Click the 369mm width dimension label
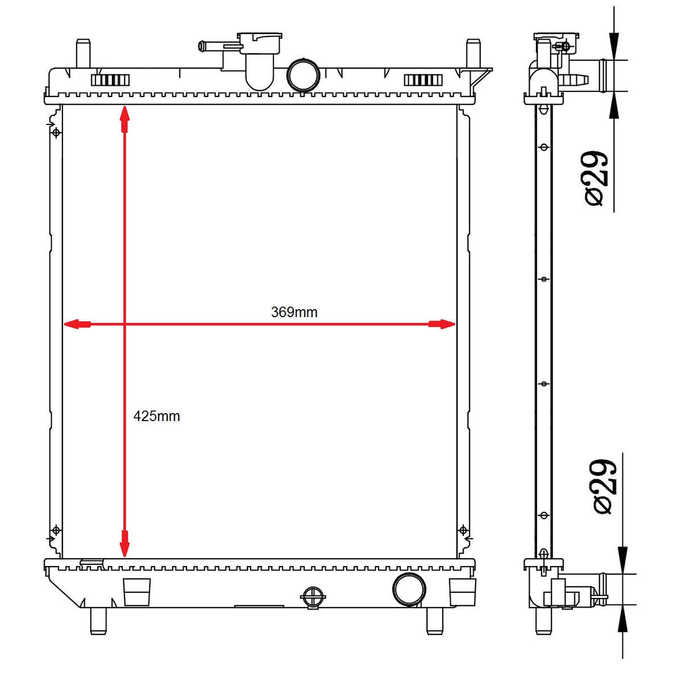(294, 312)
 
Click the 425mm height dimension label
(156, 416)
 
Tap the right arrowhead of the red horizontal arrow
(442, 324)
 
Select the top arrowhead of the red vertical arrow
(124, 119)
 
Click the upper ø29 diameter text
(596, 178)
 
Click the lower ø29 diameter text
(605, 486)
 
